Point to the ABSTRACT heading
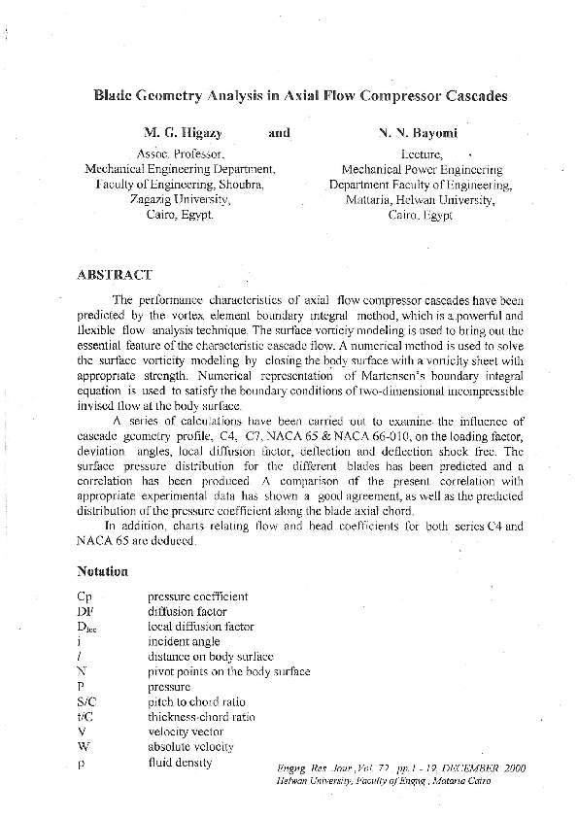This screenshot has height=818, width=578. tap(114, 275)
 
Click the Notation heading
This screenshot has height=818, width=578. tap(102, 571)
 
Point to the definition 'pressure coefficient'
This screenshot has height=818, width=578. tap(197, 596)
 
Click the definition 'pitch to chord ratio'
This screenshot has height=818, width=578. tap(196, 701)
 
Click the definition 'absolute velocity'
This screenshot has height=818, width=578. tap(190, 747)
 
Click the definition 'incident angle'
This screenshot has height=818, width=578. tap(184, 642)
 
